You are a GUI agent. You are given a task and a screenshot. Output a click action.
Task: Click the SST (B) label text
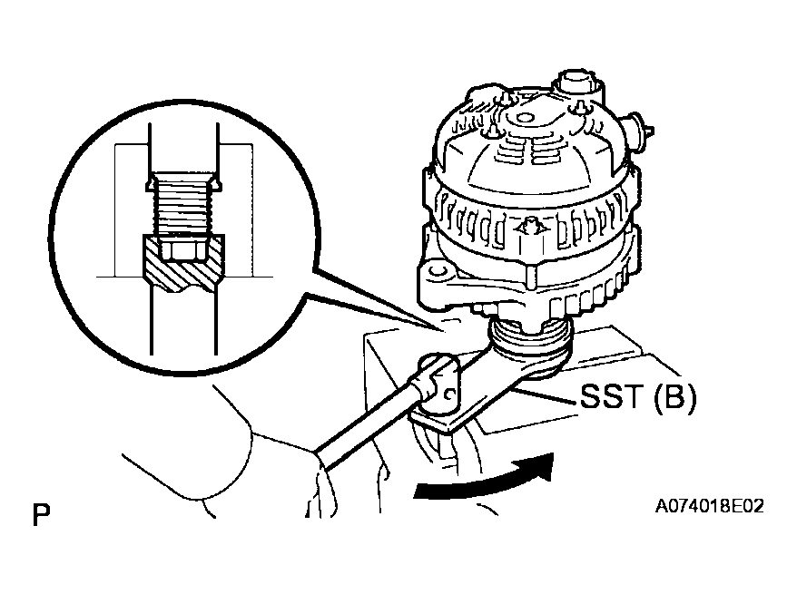(638, 395)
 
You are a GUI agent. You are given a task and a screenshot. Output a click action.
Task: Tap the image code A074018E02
(709, 506)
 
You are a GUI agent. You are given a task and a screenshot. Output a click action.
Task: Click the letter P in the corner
(41, 515)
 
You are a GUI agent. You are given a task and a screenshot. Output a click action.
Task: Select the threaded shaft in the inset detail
(183, 206)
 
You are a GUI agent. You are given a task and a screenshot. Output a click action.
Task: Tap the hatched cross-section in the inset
(183, 264)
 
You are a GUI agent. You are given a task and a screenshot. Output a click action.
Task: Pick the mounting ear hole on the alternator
(438, 269)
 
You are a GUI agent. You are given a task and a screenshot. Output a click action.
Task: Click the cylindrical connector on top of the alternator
(579, 86)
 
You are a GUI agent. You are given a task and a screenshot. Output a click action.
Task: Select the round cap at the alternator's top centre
(523, 118)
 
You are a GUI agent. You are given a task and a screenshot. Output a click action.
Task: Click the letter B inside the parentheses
(673, 395)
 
